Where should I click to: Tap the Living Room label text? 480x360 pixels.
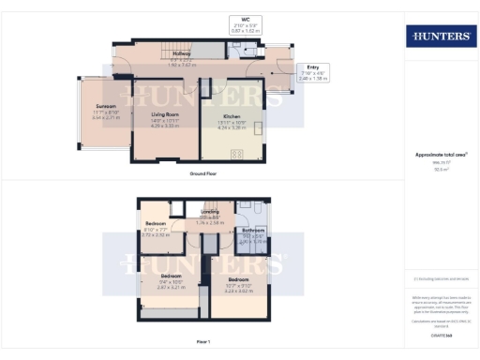tap(165, 114)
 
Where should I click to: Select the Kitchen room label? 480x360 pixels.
tap(233, 115)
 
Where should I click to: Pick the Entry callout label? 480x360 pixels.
tap(313, 67)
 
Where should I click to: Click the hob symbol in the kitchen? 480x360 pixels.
tap(235, 153)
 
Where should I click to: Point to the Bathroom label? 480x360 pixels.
tap(254, 230)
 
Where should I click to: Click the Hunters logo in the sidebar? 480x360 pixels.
tap(439, 37)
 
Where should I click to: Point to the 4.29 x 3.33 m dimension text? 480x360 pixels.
tap(165, 127)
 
